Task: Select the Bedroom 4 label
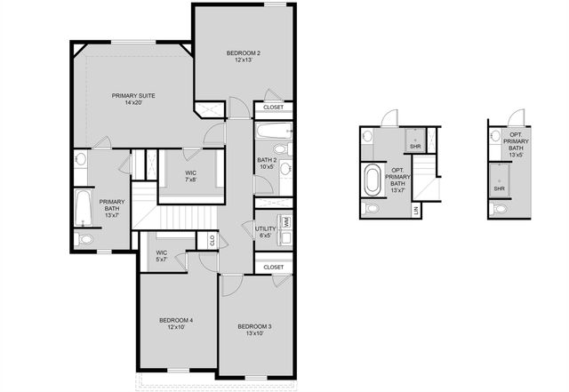[176, 324]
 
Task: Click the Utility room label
[266, 232]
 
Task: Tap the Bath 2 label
[268, 162]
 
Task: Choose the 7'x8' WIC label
[190, 176]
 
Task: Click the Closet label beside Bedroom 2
[274, 108]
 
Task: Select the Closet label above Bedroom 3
[274, 267]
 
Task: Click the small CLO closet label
[212, 240]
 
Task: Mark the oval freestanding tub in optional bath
[370, 180]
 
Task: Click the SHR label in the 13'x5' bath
[499, 188]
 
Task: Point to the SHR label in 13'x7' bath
[415, 147]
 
